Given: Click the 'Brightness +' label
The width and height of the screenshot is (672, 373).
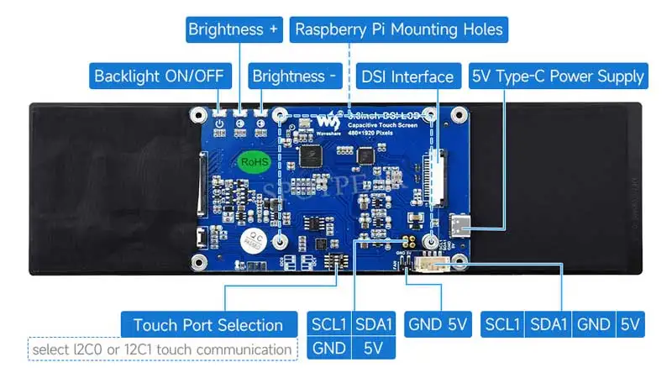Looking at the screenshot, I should (x=233, y=29).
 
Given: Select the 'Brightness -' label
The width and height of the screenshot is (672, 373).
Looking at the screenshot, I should (x=293, y=76).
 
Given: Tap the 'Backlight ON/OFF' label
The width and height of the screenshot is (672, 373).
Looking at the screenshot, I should (x=159, y=76).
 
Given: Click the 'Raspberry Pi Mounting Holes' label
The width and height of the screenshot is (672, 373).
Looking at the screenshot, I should (x=399, y=29).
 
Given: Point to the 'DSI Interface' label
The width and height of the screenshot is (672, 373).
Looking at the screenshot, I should (x=407, y=76).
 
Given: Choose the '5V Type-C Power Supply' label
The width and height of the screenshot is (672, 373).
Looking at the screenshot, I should (x=558, y=76).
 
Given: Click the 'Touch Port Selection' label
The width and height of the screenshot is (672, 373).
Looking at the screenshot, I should (x=207, y=325).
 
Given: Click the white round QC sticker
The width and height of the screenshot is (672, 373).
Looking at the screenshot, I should (x=251, y=239).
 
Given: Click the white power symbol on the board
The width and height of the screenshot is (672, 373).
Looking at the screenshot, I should (x=219, y=123).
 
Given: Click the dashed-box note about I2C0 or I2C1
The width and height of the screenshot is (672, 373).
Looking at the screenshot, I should (x=162, y=349).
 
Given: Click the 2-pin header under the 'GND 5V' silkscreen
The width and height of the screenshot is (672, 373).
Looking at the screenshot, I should (x=406, y=264).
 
